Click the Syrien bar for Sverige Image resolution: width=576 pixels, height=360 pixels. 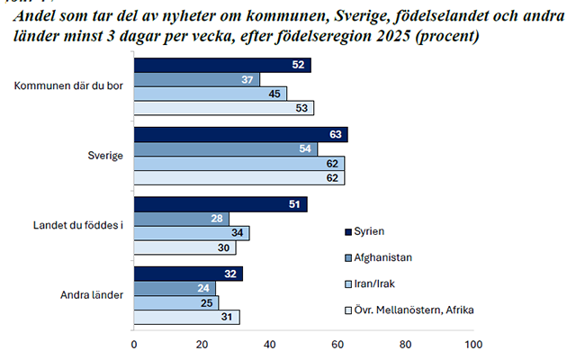click(240, 134)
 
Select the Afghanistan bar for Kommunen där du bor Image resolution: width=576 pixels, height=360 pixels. click(196, 79)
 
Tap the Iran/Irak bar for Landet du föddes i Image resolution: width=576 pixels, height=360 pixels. click(192, 233)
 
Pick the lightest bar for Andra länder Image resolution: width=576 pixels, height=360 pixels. click(186, 317)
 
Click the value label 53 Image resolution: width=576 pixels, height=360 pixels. click(301, 108)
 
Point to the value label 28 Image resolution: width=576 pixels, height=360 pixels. click(217, 219)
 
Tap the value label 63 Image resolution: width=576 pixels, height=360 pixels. click(336, 134)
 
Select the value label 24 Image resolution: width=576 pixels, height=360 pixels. click(203, 288)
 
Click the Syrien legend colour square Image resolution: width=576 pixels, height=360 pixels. click(348, 232)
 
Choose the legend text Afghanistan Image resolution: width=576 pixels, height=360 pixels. click(382, 257)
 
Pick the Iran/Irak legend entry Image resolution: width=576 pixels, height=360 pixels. click(370, 284)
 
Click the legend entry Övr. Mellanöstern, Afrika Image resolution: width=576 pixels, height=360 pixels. click(409, 310)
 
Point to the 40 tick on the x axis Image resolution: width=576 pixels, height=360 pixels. click(270, 345)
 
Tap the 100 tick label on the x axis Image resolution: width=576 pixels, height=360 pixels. click(473, 345)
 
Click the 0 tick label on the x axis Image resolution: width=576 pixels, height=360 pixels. click(134, 345)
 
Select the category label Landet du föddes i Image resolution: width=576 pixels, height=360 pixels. click(78, 225)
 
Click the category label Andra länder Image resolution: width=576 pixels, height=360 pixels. click(92, 295)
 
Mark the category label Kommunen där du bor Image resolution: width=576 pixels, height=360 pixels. click(68, 85)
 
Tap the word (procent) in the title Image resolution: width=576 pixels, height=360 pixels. click(447, 37)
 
